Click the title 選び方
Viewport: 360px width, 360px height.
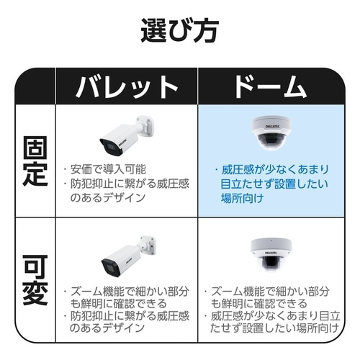click(x=179, y=31)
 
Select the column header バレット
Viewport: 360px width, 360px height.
click(x=127, y=86)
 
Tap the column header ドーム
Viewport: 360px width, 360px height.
click(x=271, y=86)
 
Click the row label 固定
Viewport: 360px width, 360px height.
click(x=35, y=161)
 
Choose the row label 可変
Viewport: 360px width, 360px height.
click(x=35, y=280)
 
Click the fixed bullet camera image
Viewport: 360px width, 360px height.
click(x=127, y=135)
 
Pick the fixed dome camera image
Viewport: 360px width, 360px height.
click(x=271, y=132)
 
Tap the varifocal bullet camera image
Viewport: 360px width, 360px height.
click(x=128, y=256)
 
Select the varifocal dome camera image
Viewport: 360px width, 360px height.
click(x=271, y=255)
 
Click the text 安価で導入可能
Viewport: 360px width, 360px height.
click(x=108, y=169)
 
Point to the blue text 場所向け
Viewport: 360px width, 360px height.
click(x=242, y=198)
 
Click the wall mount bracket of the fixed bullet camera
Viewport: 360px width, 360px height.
click(x=145, y=126)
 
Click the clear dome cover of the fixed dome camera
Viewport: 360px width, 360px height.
click(x=271, y=142)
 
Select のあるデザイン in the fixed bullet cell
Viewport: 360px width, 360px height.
click(x=107, y=198)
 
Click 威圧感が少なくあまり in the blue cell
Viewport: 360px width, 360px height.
click(x=275, y=170)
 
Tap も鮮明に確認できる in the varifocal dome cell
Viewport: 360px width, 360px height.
click(x=259, y=304)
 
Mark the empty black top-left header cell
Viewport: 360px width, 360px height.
click(x=35, y=86)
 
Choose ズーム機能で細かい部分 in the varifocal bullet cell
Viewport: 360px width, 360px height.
click(x=130, y=292)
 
